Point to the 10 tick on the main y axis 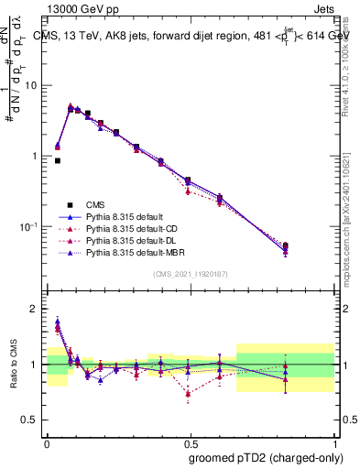[32, 85]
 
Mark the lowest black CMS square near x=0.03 [58, 160]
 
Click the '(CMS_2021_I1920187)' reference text [190, 274]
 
